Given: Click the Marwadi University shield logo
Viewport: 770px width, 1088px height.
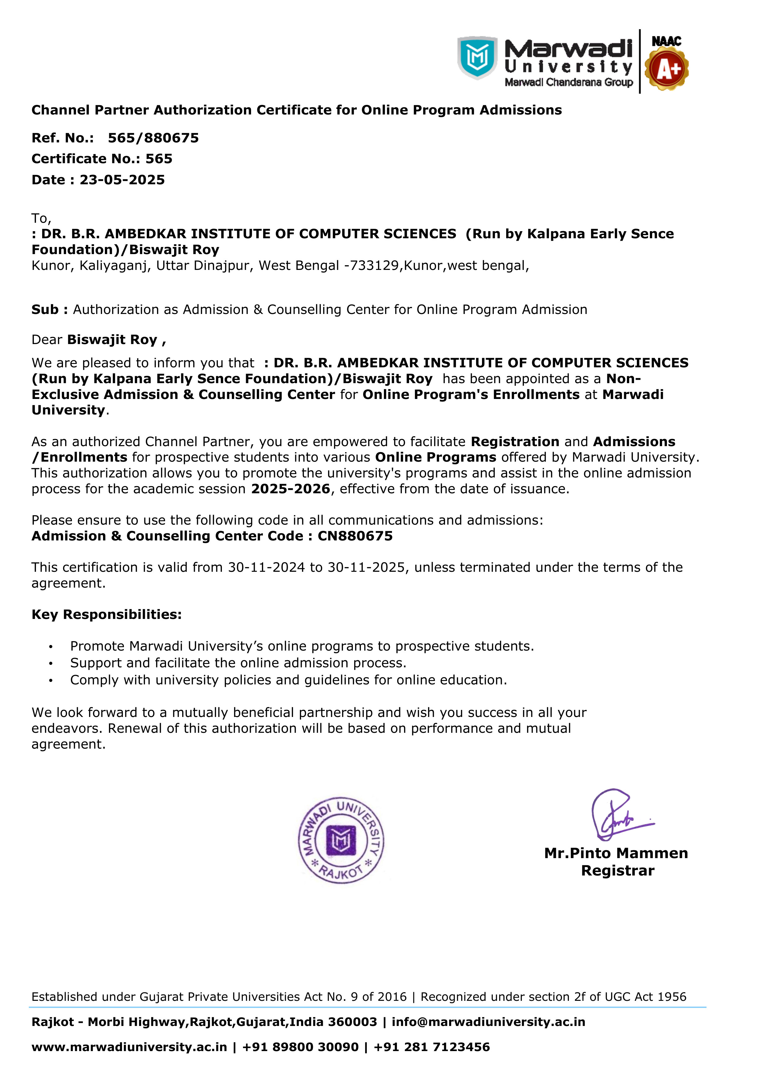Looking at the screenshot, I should (x=477, y=57).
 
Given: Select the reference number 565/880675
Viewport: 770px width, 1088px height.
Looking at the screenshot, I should (x=153, y=138).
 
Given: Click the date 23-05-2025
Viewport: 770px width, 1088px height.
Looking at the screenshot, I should (x=122, y=180).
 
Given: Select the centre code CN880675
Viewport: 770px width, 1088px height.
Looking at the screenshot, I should (x=355, y=536).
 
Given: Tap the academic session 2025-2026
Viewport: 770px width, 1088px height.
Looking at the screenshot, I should (x=290, y=489).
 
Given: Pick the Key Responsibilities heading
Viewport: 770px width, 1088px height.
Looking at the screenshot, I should (x=107, y=615).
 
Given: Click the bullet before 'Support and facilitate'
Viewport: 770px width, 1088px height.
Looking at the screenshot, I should (x=51, y=663).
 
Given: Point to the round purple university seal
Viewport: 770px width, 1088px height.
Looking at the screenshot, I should (x=341, y=840).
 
